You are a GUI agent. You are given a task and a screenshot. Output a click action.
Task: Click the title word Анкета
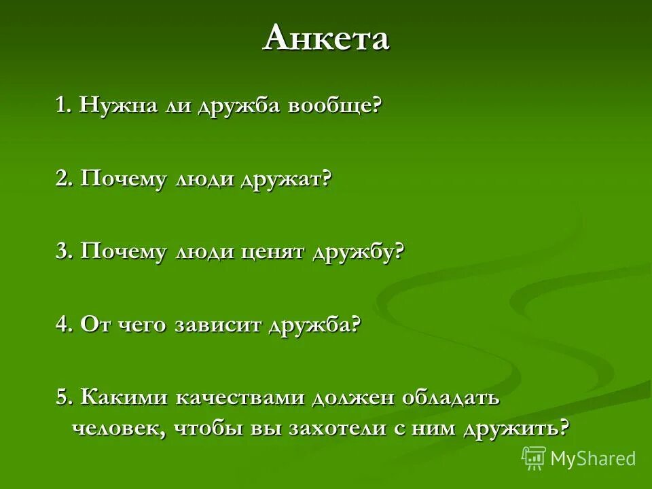click(x=326, y=38)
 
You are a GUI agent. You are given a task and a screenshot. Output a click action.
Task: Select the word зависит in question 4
click(x=218, y=325)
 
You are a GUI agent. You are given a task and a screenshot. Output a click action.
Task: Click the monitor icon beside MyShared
click(x=534, y=458)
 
